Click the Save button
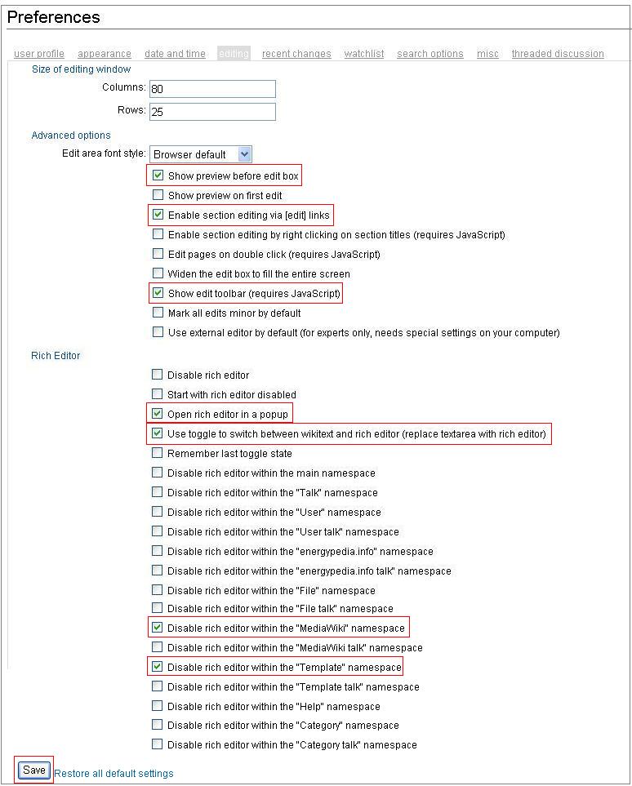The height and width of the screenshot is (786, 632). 34,770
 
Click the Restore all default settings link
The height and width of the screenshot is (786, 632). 113,773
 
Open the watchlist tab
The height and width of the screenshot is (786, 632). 364,54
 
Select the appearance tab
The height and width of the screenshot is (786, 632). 105,54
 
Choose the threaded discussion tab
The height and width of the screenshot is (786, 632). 558,54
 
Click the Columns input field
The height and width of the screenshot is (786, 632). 212,89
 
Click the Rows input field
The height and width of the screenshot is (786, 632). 212,112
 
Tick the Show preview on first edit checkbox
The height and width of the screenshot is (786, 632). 158,195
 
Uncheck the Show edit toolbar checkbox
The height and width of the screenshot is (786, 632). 158,293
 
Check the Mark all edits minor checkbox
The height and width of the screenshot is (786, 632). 158,313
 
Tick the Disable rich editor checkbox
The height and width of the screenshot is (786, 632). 158,375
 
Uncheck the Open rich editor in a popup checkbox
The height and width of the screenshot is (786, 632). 158,414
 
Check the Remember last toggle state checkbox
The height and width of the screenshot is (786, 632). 158,453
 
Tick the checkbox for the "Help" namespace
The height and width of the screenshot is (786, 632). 158,706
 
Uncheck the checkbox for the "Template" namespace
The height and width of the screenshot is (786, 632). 158,667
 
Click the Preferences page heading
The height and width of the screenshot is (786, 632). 54,17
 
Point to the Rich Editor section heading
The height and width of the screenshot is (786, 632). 56,355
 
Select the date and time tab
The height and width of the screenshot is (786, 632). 175,54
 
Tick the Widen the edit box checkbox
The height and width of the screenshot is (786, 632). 158,273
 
